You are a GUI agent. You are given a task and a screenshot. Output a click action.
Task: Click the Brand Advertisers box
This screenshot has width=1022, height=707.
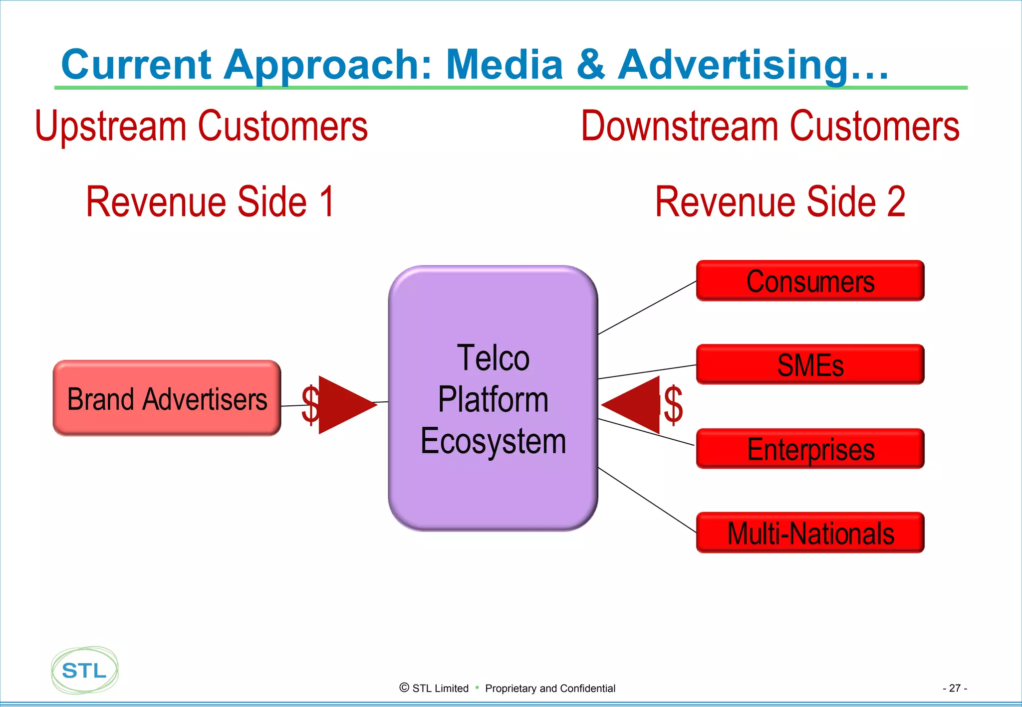[167, 399]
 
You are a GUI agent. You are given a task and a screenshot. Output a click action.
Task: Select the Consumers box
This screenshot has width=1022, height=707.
[810, 281]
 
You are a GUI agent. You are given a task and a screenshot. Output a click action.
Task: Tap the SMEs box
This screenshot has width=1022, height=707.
[810, 365]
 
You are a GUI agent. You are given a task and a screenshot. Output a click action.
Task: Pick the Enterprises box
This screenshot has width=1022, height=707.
[810, 449]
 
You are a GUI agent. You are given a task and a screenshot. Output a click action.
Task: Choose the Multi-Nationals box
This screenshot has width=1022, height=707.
[810, 533]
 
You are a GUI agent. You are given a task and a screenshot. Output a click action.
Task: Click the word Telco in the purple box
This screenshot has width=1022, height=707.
[493, 358]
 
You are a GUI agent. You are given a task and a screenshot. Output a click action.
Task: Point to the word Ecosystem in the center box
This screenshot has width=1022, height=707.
[493, 441]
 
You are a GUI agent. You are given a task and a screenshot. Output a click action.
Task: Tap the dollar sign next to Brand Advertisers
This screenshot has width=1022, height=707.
[309, 405]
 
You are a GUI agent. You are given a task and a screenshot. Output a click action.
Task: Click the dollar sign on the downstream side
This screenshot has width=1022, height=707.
[673, 405]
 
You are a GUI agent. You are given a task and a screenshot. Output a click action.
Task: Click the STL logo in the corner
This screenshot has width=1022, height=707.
[84, 671]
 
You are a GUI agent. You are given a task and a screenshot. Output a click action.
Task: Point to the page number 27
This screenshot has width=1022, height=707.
[955, 688]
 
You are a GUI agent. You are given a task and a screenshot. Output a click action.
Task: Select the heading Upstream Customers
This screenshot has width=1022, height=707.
[201, 126]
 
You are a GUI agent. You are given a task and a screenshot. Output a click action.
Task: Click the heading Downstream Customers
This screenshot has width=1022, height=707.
[770, 126]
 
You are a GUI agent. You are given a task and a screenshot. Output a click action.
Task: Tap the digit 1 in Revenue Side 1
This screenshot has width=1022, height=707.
[327, 201]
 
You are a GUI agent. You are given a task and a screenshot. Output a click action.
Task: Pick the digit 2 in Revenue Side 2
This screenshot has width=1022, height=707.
[896, 201]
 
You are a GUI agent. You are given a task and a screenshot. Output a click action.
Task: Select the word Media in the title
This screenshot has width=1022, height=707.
[504, 65]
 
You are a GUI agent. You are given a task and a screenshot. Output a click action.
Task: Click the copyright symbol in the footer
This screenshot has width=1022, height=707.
[404, 688]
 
